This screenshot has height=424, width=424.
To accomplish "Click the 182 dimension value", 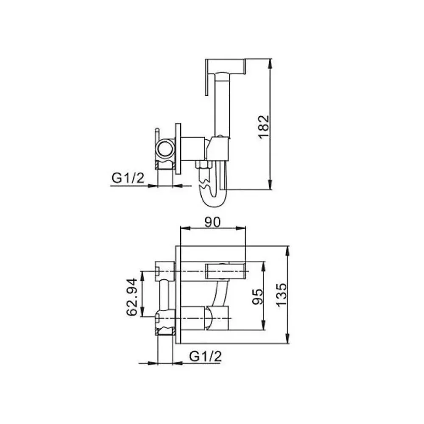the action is pos(264,127).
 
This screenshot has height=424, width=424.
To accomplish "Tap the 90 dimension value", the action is pos(212,222).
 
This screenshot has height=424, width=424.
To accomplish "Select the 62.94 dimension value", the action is pos(132,297).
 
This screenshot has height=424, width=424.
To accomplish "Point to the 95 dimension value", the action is pos(257,297).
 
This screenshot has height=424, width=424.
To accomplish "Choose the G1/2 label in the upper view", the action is pos(128,178).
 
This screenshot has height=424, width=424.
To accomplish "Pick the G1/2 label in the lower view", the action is pos(205,356).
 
